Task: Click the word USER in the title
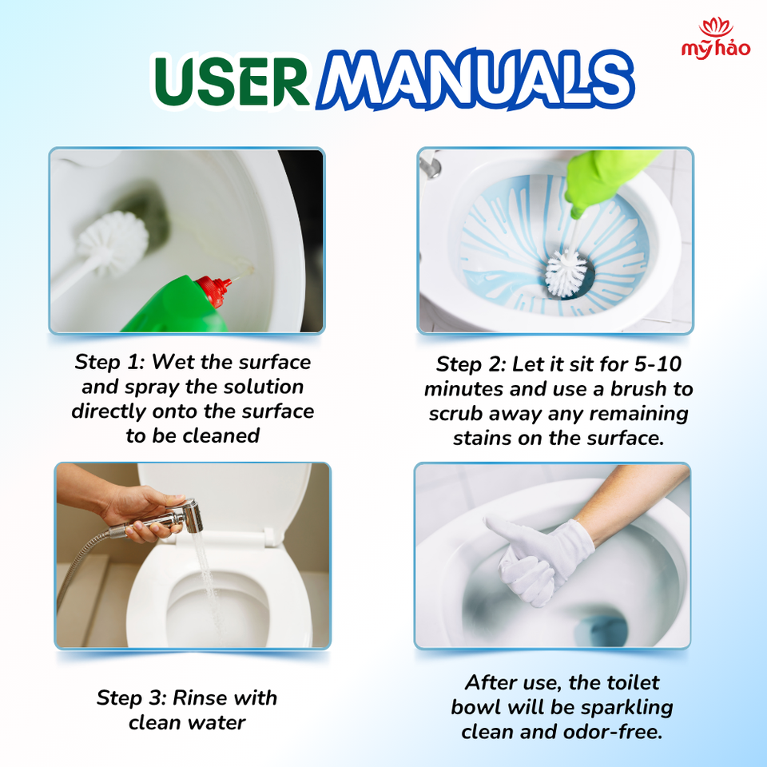(x=232, y=81)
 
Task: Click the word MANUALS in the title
(x=475, y=79)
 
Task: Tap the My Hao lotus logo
(x=716, y=38)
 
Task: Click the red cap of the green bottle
(x=214, y=291)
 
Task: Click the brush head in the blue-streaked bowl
(x=566, y=273)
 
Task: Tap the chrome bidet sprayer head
(x=189, y=516)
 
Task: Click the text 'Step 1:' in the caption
(x=110, y=362)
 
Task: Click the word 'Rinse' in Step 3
(x=201, y=697)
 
